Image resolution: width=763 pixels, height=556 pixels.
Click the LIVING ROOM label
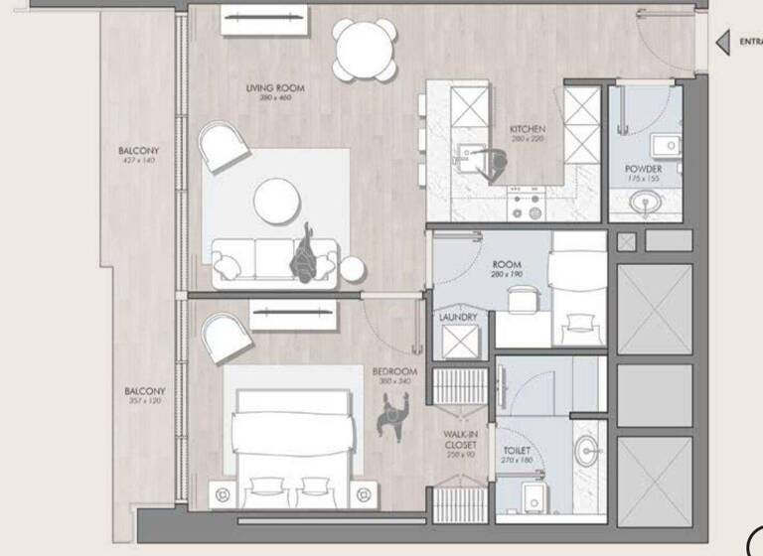(x=275, y=88)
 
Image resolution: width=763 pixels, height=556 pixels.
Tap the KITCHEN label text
(x=527, y=129)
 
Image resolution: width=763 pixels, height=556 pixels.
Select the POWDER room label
(x=643, y=169)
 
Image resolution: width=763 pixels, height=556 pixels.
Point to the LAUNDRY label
(x=458, y=318)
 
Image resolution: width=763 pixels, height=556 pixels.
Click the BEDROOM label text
(x=394, y=371)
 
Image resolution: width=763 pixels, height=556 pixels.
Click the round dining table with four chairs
(x=364, y=50)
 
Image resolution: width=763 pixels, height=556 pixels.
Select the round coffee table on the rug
(x=277, y=201)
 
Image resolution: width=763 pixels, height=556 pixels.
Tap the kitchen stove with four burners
(x=528, y=206)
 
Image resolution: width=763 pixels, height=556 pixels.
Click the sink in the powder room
(x=647, y=204)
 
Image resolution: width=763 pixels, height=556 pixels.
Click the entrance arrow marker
(x=723, y=42)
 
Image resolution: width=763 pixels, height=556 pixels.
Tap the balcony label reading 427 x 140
(x=138, y=155)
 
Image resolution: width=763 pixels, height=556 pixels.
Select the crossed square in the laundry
(x=460, y=343)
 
